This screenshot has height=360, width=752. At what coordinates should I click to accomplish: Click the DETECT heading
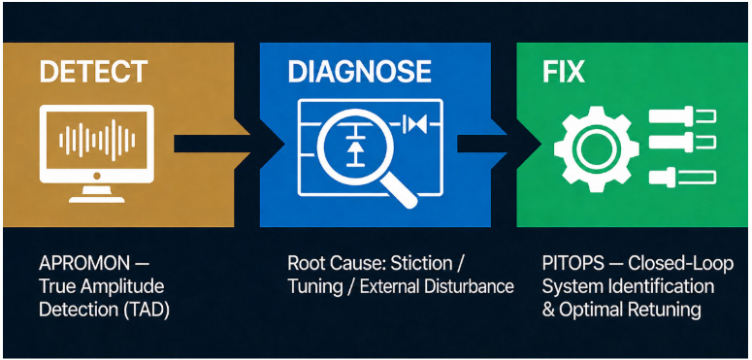click(x=93, y=72)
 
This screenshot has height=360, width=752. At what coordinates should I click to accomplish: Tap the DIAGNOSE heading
click(x=359, y=72)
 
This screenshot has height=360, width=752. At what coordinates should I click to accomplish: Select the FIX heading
click(x=563, y=72)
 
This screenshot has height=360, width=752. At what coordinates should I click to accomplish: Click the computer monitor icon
click(x=96, y=153)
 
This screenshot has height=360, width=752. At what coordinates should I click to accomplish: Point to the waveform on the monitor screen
click(x=97, y=140)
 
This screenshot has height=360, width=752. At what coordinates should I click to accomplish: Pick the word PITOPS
click(x=569, y=265)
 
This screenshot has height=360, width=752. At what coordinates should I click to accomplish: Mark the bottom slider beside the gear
click(x=682, y=177)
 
